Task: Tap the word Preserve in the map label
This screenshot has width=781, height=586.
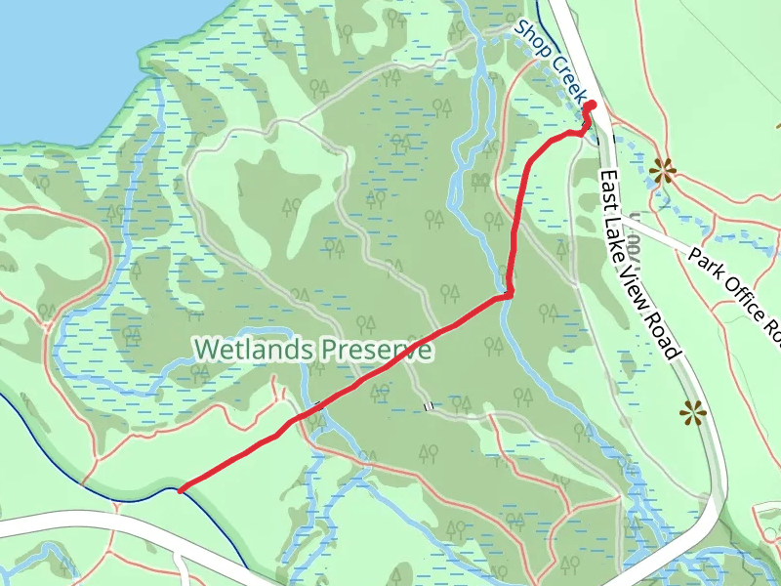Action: point(377,349)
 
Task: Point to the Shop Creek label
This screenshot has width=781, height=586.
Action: point(553,61)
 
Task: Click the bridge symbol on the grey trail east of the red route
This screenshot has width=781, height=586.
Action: point(427,405)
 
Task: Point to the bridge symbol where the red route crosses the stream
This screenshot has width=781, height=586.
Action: point(318,403)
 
